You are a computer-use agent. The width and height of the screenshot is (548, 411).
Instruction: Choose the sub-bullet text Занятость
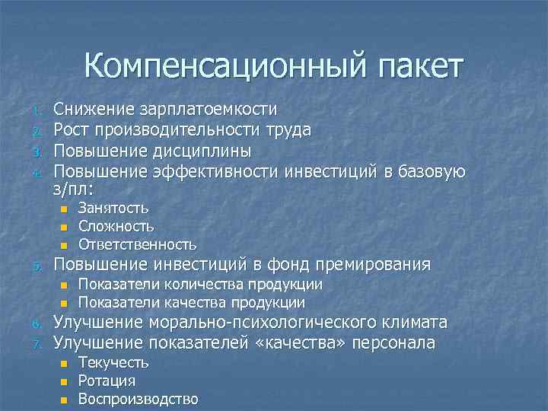[113, 208]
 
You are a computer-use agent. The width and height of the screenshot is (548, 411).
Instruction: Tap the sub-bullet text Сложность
[116, 226]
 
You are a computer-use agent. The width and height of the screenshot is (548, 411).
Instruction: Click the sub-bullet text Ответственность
[137, 244]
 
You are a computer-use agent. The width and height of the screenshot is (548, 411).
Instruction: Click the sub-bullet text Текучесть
[113, 363]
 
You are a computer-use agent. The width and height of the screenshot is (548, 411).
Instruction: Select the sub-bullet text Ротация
[107, 381]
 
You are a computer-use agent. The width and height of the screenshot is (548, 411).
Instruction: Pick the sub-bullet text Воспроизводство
[138, 400]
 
